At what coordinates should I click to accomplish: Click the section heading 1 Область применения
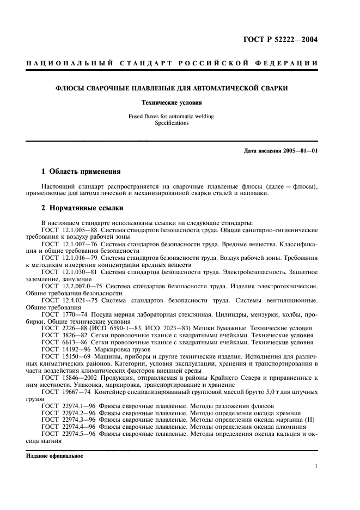77,171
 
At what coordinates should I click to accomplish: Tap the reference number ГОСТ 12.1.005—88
67,230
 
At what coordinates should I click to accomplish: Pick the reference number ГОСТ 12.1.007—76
67,244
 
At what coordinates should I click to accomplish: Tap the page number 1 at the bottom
315,466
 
